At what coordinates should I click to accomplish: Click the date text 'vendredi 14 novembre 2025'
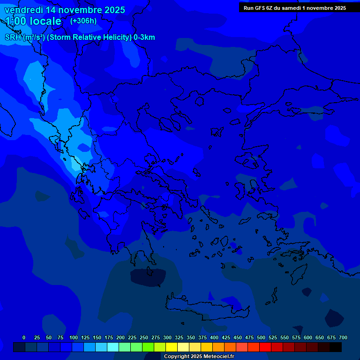tap(65, 10)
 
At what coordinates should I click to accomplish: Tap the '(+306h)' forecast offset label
tap(83, 21)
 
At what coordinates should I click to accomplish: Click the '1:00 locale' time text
tap(33, 22)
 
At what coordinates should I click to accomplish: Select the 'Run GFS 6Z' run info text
tap(261, 8)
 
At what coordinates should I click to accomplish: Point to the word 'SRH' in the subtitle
tap(13, 37)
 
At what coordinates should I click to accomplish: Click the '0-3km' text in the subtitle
tap(144, 37)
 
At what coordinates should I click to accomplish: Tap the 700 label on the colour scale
tap(343, 337)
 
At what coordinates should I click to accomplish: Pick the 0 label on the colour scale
tap(24, 337)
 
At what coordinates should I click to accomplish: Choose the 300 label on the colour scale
tap(167, 337)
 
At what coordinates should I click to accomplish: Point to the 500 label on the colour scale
tap(261, 337)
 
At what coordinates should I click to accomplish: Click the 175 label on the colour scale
tap(109, 337)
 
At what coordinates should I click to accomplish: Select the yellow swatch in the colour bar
tap(172, 347)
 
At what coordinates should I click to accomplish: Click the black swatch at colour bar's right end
tap(336, 347)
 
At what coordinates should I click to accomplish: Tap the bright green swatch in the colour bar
tap(148, 347)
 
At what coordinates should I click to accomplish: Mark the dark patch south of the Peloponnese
tap(148, 277)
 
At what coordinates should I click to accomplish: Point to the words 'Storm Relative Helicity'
tap(90, 37)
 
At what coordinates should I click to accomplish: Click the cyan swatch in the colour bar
tap(113, 347)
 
